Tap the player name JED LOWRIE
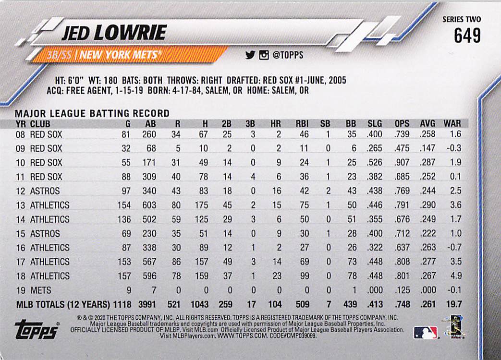[114, 33]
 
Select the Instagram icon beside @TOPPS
[263, 55]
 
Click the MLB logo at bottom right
[425, 332]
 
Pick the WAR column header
[452, 123]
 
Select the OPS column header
[402, 123]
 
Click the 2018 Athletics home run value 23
[276, 276]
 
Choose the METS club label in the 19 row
[40, 290]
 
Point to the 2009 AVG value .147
[428, 148]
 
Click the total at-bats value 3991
[147, 305]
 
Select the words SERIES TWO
[461, 20]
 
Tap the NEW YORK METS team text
[119, 55]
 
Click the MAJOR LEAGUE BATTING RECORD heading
[92, 113]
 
